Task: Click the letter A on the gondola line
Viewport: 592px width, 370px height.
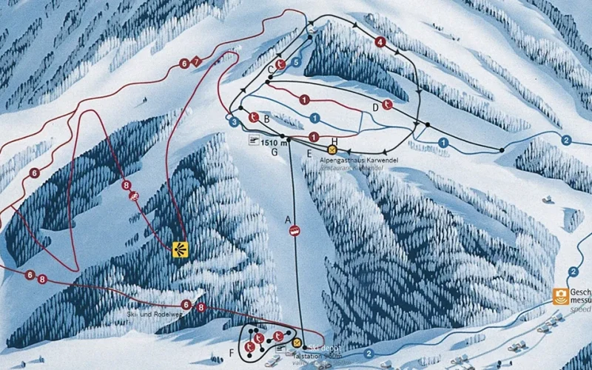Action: tap(289, 219)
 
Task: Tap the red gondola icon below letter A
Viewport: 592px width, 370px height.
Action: tap(295, 231)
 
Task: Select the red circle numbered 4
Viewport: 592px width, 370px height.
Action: tap(380, 42)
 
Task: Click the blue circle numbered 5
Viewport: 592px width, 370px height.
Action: tap(295, 63)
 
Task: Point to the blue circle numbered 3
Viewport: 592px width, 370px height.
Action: tap(235, 121)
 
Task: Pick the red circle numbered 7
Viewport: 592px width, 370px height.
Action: tap(196, 61)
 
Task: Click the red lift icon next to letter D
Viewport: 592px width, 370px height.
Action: tap(388, 104)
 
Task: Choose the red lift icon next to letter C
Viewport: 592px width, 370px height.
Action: tap(280, 65)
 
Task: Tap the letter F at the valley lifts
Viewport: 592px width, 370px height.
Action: tap(232, 350)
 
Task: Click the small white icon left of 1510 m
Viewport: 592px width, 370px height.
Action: tap(254, 141)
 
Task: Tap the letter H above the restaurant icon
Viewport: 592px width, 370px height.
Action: tap(334, 141)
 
